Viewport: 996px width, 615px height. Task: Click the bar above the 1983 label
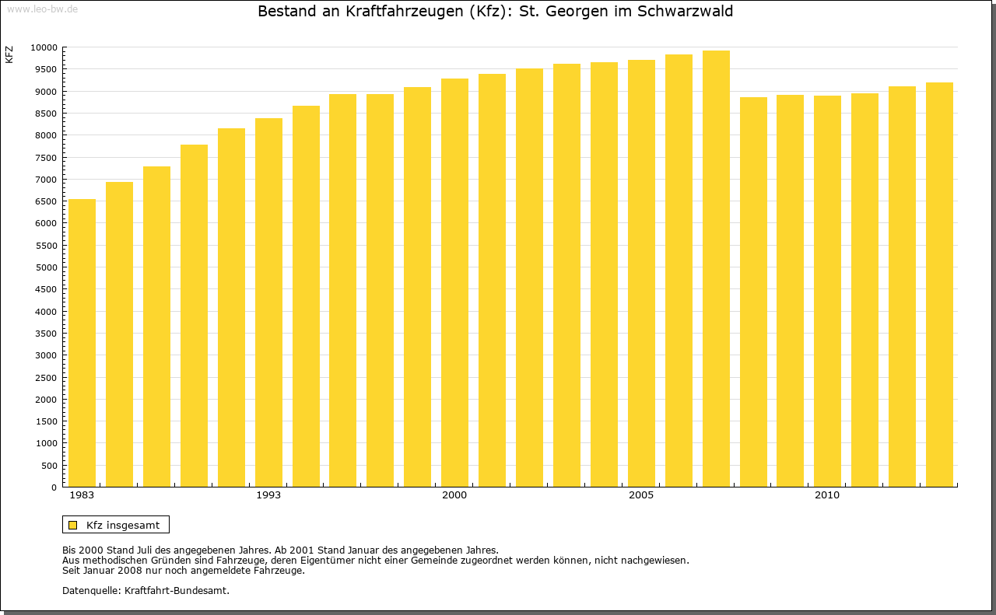point(82,343)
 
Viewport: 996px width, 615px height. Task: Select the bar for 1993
point(268,302)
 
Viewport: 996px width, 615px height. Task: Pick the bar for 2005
point(641,273)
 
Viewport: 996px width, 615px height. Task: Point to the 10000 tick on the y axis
point(44,47)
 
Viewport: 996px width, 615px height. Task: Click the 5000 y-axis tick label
point(47,267)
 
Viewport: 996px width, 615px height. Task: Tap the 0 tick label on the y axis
point(54,487)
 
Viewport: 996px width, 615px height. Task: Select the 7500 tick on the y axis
point(47,158)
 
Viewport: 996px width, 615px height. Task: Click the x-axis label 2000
point(454,495)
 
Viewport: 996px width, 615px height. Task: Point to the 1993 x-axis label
point(268,495)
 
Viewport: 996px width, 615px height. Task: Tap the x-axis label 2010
point(827,495)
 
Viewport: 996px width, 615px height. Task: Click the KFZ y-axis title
point(9,54)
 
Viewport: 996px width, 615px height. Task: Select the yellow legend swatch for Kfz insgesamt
point(72,525)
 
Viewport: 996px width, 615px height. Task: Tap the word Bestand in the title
point(284,12)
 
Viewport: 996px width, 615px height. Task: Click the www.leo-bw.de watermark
point(41,8)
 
